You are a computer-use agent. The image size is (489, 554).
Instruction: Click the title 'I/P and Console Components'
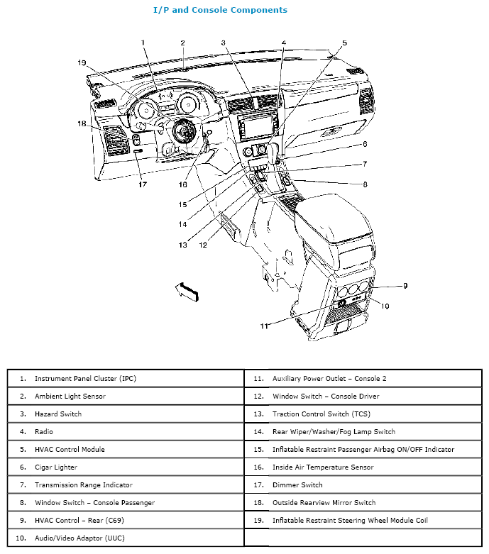[220, 10]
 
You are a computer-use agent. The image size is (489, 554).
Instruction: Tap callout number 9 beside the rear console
[405, 286]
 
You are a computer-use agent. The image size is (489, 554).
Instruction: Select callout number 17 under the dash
[143, 185]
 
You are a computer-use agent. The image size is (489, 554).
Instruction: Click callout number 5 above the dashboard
[344, 43]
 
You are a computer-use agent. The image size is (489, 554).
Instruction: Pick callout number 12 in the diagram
[203, 245]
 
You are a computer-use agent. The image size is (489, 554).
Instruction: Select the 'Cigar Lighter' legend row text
[55, 467]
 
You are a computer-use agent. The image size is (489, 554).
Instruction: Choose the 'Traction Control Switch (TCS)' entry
[321, 414]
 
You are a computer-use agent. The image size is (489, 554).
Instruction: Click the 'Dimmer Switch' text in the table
[297, 485]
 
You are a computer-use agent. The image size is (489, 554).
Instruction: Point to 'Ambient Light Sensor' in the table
[70, 396]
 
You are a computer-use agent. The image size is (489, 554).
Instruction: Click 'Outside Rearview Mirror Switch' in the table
[324, 503]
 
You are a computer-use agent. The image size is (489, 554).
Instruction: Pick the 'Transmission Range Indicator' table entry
[83, 485]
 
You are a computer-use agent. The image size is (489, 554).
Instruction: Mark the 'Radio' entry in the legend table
[44, 431]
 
